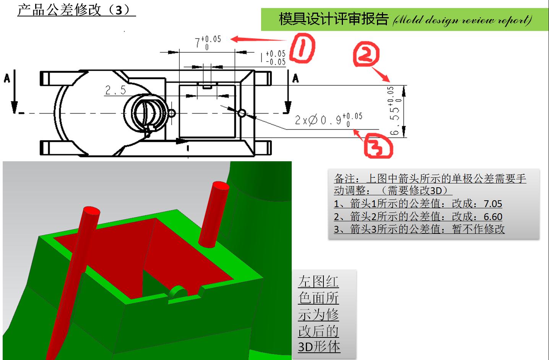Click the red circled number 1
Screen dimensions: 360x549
[x=302, y=47]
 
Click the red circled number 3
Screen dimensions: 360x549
[x=378, y=146]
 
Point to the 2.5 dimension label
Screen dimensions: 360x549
[x=115, y=90]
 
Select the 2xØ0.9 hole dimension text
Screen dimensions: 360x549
[x=328, y=120]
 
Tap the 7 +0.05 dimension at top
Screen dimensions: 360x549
[x=208, y=42]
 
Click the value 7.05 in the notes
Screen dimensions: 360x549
[x=492, y=204]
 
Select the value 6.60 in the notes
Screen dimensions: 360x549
[x=492, y=217]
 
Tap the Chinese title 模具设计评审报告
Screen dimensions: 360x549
[x=333, y=19]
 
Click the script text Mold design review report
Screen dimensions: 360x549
[x=462, y=19]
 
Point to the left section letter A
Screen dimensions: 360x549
[x=7, y=79]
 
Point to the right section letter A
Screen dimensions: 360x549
[x=295, y=79]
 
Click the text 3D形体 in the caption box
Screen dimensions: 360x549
[x=319, y=347]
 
